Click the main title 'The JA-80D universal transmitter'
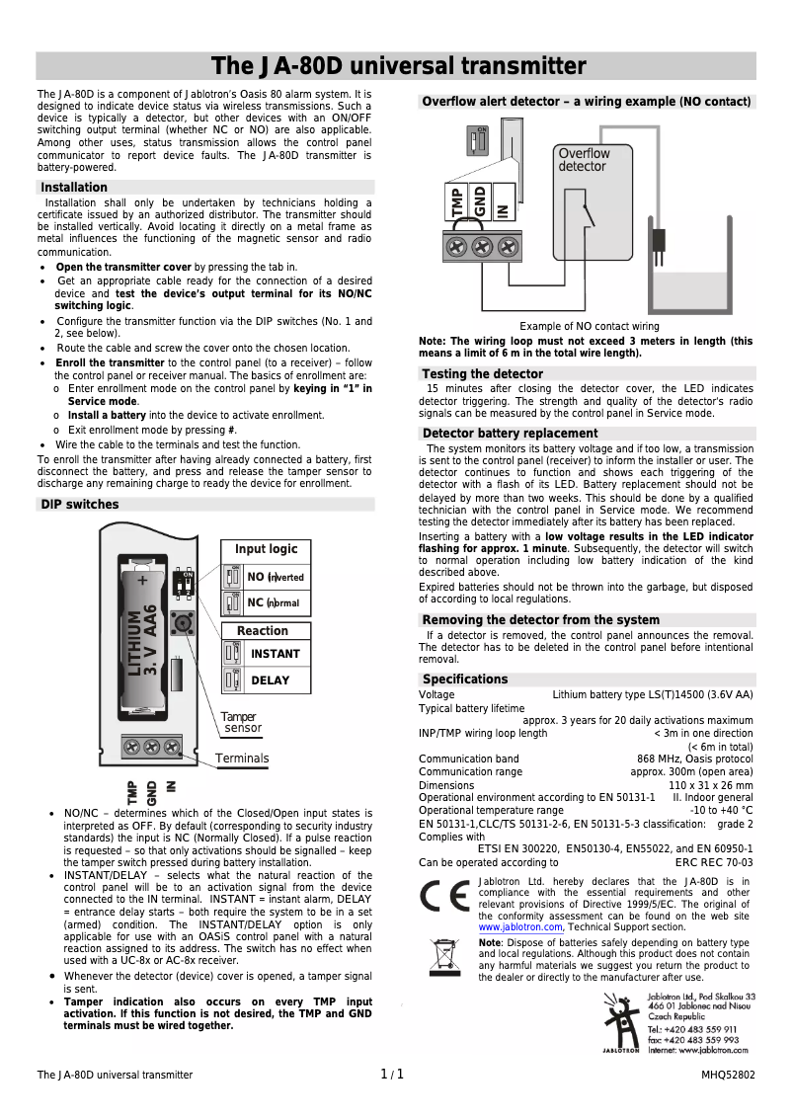(399, 66)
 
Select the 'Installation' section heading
(74, 188)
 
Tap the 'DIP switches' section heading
(79, 505)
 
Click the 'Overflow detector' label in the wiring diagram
(584, 160)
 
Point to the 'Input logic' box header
(266, 549)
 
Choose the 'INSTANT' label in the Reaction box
(275, 654)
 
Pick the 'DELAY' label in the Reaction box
(271, 680)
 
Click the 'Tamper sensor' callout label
(240, 722)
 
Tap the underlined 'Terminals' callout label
(242, 759)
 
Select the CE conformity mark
(441, 898)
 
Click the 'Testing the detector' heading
(482, 374)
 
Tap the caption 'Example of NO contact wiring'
(590, 326)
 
